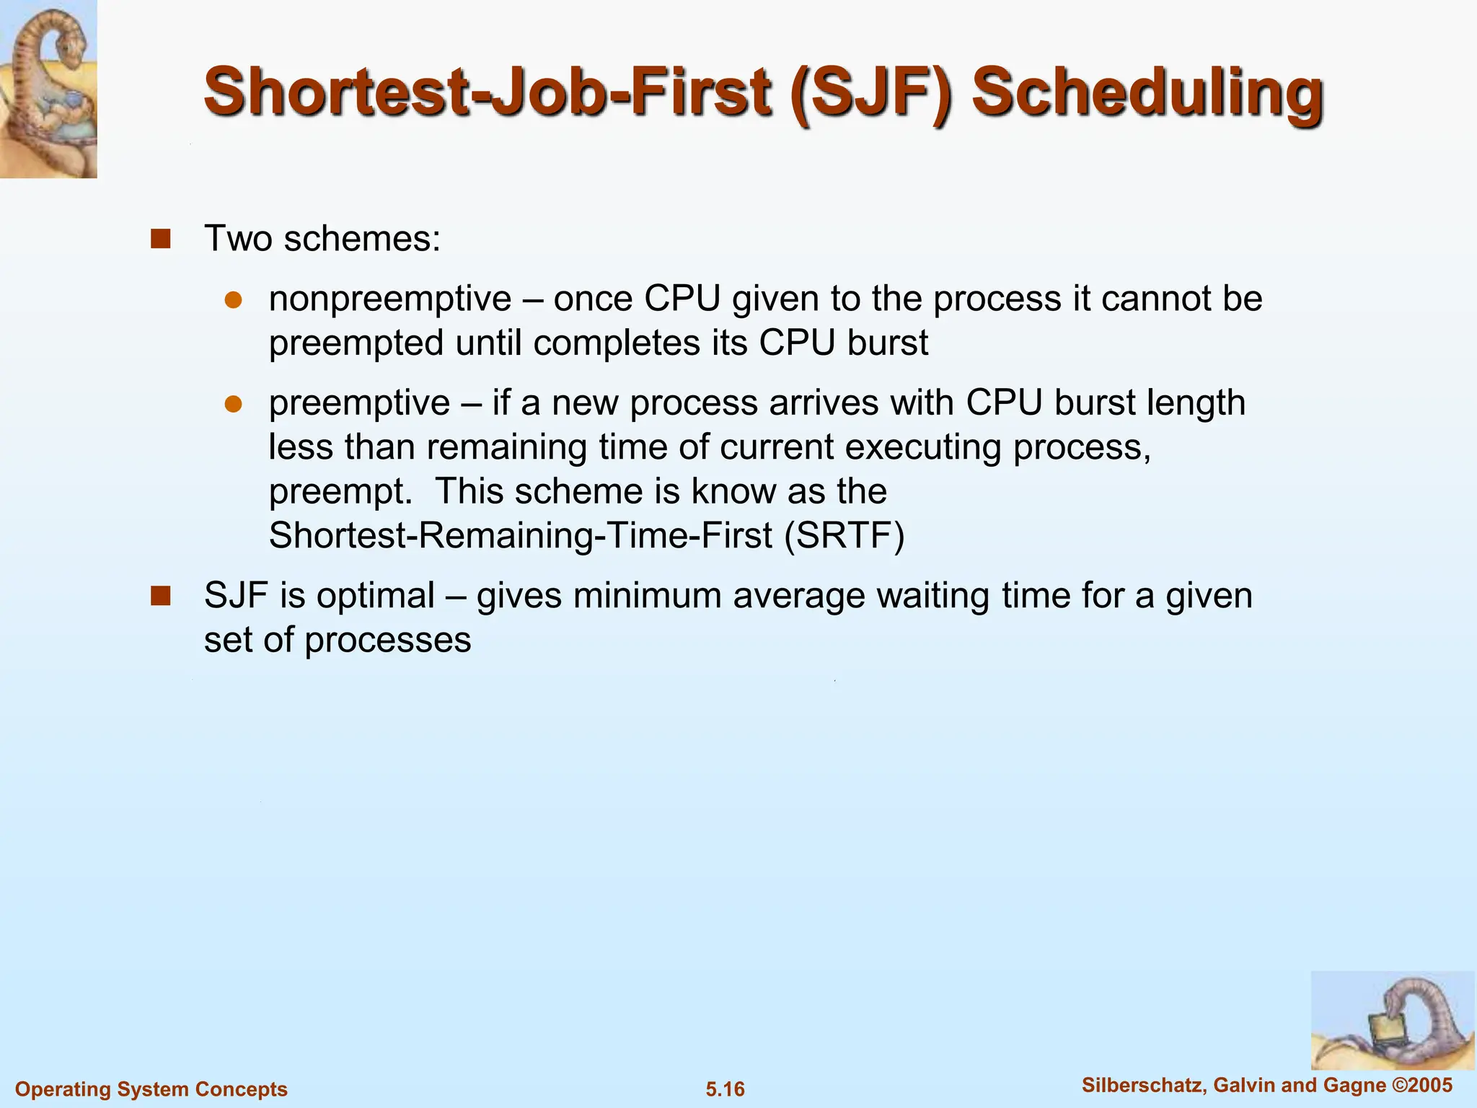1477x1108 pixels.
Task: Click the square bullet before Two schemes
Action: [x=160, y=239]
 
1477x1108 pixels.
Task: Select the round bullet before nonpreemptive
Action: [x=232, y=300]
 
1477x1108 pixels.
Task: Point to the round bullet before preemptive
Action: [x=232, y=404]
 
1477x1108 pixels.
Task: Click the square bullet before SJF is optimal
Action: [x=160, y=596]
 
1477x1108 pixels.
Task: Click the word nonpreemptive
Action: [x=389, y=299]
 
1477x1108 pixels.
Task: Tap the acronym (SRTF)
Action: [x=844, y=535]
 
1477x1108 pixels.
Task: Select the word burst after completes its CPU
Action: [x=888, y=343]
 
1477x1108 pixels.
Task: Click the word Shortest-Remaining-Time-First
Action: [x=520, y=535]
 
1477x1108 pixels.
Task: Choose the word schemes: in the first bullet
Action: [x=361, y=239]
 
